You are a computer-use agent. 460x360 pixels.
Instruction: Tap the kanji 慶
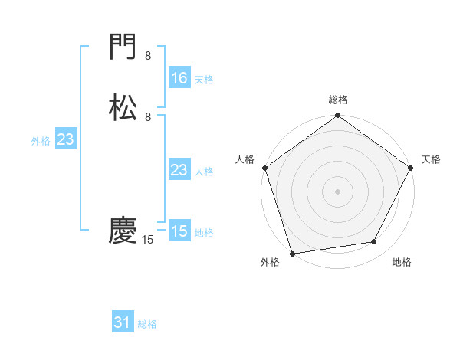(x=123, y=231)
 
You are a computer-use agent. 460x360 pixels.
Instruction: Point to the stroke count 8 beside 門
(x=148, y=56)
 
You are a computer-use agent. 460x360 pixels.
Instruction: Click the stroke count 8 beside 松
(x=148, y=116)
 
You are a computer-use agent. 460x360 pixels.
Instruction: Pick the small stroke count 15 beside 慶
(x=148, y=240)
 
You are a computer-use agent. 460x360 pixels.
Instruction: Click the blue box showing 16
(x=179, y=78)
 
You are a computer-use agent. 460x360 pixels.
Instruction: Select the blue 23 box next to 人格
(x=179, y=170)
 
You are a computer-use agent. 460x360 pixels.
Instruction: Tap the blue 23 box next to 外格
(x=65, y=139)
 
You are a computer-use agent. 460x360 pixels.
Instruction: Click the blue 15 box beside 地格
(x=179, y=231)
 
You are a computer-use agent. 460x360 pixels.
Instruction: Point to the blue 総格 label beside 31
(x=147, y=324)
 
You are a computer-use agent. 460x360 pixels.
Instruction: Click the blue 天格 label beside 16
(x=204, y=80)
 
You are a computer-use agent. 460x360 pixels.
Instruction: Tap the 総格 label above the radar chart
(x=338, y=100)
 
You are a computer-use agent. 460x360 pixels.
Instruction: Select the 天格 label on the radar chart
(x=432, y=159)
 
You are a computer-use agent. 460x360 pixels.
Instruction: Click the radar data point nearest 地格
(x=374, y=242)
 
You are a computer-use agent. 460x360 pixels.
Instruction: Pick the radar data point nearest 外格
(x=292, y=253)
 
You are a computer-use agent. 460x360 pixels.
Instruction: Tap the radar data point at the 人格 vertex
(x=264, y=168)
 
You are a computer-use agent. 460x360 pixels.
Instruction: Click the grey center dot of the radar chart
(x=337, y=191)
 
